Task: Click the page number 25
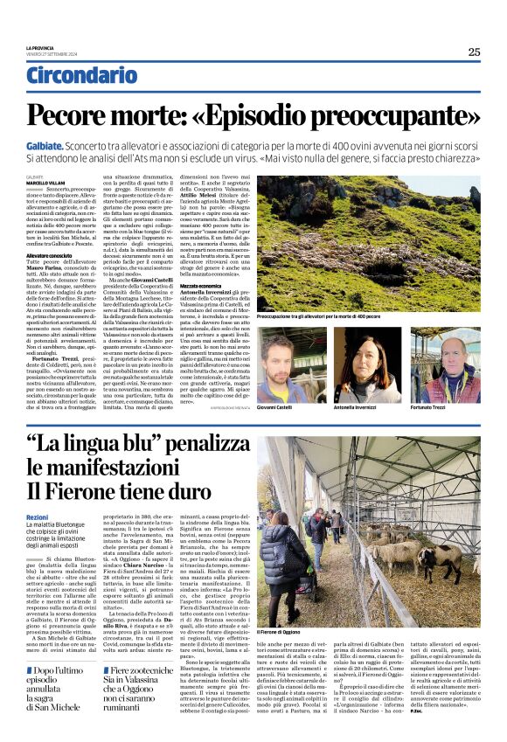473,52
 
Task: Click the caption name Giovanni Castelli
276,406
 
